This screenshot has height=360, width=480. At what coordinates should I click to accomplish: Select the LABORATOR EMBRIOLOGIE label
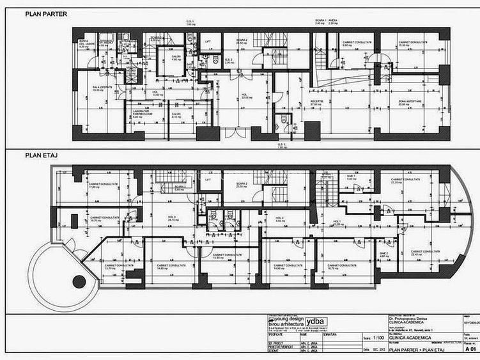click(140, 113)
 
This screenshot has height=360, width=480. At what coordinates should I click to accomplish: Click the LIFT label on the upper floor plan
click(208, 181)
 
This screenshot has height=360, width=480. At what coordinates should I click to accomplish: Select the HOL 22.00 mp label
click(244, 96)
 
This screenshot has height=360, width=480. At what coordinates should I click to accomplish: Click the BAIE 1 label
click(351, 177)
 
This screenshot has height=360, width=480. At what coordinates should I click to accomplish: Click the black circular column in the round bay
click(78, 279)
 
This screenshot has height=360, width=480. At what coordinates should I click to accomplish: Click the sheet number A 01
click(470, 350)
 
